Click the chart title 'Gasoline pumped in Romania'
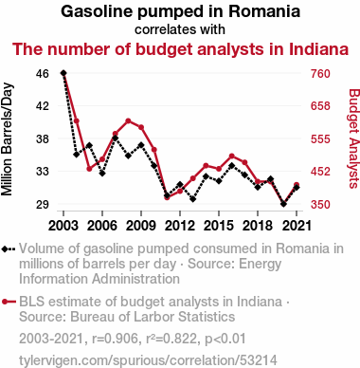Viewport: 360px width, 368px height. click(x=180, y=11)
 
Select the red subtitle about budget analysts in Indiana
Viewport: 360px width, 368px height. click(x=180, y=49)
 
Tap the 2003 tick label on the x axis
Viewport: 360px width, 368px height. click(x=63, y=226)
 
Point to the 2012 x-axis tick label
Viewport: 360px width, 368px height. click(x=180, y=226)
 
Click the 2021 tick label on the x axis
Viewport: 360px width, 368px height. click(x=297, y=226)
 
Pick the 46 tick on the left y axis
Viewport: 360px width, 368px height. click(x=43, y=74)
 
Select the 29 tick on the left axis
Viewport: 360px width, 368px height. click(x=43, y=204)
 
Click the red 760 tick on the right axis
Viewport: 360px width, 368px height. click(x=320, y=74)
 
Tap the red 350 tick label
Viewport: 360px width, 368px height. click(x=320, y=204)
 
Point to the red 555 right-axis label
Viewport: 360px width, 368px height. click(x=320, y=139)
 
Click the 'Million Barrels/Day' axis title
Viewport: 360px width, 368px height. click(x=7, y=139)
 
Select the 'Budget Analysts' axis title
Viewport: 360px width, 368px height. click(x=353, y=138)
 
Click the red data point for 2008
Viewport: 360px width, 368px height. click(x=128, y=120)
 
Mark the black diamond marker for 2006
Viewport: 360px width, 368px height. click(x=102, y=174)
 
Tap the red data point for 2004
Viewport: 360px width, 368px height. click(x=77, y=120)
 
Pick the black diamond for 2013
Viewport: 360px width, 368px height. click(x=193, y=199)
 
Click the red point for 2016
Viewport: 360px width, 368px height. click(x=232, y=156)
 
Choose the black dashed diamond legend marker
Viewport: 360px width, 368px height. click(x=9, y=249)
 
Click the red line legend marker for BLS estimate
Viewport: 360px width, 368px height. click(x=9, y=302)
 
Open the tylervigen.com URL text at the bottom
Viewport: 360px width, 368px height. click(x=148, y=360)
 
